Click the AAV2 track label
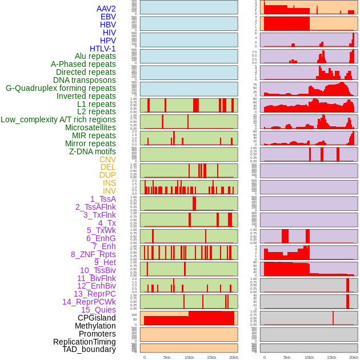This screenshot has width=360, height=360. [x=106, y=9]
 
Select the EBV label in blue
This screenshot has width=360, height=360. [x=108, y=17]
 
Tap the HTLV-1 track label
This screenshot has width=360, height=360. [x=103, y=49]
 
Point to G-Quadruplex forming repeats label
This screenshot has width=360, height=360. [x=61, y=89]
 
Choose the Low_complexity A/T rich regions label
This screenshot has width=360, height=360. [x=58, y=119]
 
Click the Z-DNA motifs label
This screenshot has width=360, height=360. [x=93, y=151]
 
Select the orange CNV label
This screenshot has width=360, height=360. [x=107, y=159]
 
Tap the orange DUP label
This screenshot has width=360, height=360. [x=107, y=175]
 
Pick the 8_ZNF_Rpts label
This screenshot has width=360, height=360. [x=93, y=254]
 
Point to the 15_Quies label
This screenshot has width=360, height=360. [x=98, y=310]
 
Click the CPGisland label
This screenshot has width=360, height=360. [x=97, y=318]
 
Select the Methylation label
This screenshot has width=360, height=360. [x=95, y=326]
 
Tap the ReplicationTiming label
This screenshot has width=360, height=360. [x=85, y=342]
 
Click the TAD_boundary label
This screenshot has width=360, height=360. [x=89, y=349]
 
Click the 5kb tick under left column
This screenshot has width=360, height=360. [x=167, y=357]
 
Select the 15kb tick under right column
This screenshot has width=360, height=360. [x=331, y=357]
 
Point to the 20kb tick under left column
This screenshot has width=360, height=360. [x=234, y=357]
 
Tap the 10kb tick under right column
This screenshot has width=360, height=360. [x=309, y=357]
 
